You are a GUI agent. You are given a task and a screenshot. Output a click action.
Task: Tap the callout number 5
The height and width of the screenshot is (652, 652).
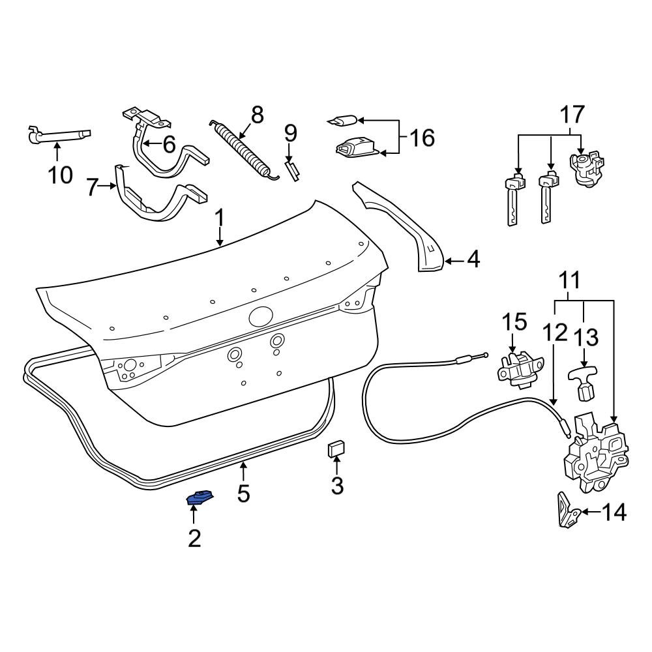243,494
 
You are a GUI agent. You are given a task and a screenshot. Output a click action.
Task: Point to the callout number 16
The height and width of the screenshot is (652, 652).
421,138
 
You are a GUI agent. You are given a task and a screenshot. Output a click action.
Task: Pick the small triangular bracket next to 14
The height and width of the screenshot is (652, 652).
566,510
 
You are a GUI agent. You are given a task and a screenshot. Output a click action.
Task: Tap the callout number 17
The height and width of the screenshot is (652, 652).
572,115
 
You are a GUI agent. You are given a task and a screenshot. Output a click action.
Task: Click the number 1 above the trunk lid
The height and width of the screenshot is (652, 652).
220,217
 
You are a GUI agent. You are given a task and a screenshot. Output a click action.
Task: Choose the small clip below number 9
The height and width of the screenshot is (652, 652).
293,172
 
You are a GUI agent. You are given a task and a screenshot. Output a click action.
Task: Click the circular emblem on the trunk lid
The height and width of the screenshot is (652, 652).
261,316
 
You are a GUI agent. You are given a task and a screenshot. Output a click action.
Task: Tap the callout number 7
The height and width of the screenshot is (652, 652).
92,189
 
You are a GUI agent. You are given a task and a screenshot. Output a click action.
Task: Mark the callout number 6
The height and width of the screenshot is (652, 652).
169,144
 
